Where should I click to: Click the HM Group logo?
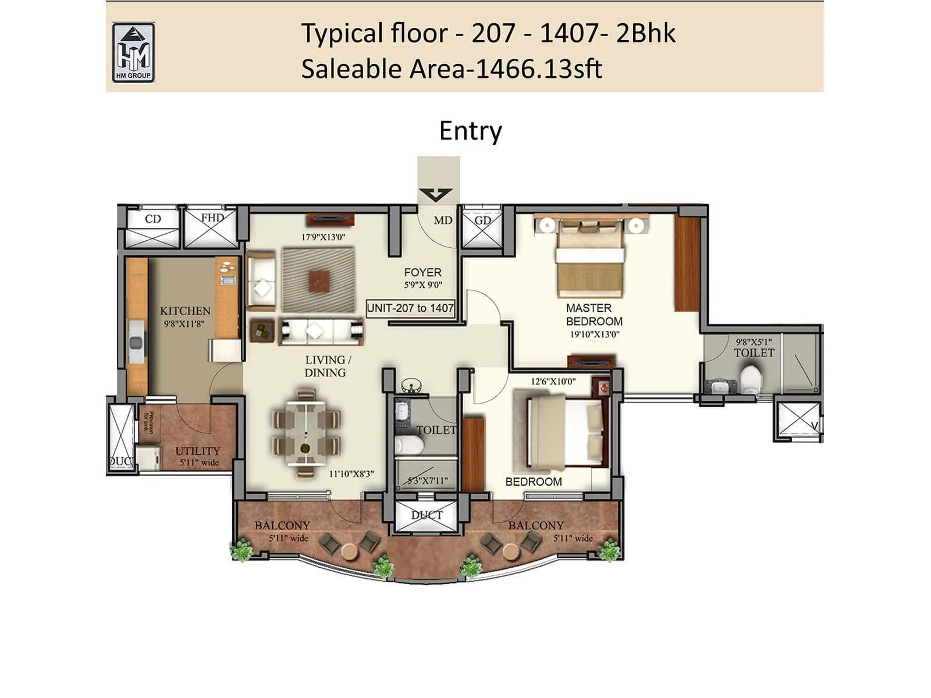(133, 53)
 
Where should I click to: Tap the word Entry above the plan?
(470, 131)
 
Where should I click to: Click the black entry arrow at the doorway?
(435, 194)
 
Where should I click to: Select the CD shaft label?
(153, 219)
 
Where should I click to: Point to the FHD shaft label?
(212, 218)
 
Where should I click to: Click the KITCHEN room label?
(185, 311)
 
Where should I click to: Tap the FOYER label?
(422, 272)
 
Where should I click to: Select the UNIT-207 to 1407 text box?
(410, 308)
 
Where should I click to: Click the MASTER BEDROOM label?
(594, 315)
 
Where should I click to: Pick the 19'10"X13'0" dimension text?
(595, 334)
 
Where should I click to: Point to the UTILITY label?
(198, 451)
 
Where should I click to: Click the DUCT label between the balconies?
(427, 515)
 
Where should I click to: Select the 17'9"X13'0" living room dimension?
(323, 237)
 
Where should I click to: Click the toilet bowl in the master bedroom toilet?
(751, 379)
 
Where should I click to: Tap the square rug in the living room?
(318, 280)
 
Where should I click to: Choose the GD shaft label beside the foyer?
(482, 221)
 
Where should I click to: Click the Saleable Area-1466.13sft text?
(451, 69)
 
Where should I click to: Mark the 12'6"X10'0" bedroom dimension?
(553, 382)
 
